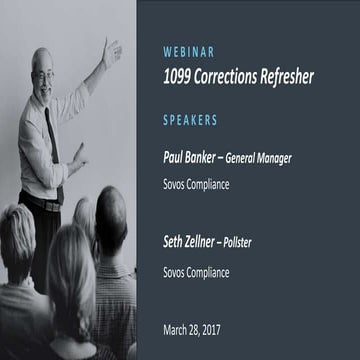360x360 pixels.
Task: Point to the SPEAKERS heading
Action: (x=190, y=120)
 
